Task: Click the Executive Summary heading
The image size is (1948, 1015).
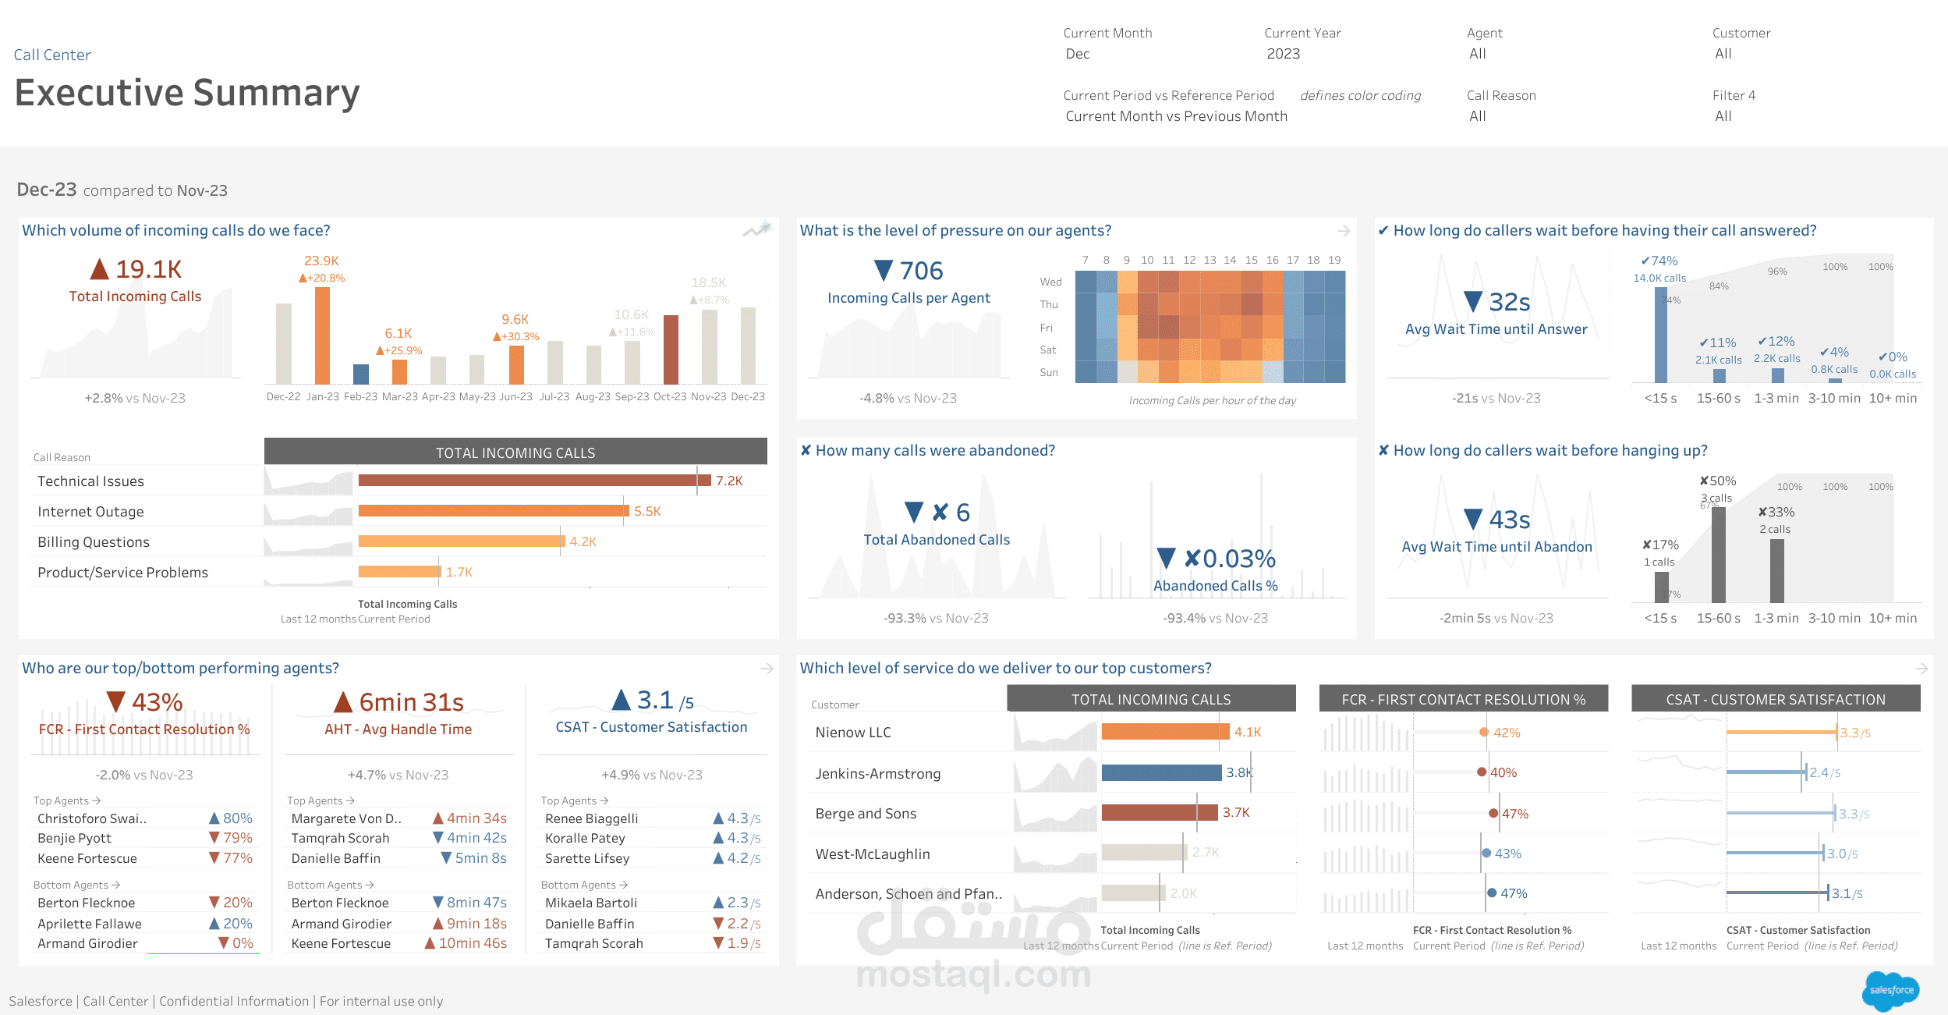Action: pyautogui.click(x=187, y=93)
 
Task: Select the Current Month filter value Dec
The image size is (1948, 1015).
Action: pyautogui.click(x=1078, y=54)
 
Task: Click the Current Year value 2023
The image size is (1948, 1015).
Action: pyautogui.click(x=1283, y=54)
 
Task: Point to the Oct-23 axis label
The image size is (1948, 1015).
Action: pyautogui.click(x=670, y=396)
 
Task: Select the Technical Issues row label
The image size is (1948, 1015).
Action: pyautogui.click(x=90, y=481)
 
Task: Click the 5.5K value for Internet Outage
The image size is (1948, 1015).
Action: pyautogui.click(x=647, y=511)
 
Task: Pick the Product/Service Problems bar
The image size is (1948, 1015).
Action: pyautogui.click(x=399, y=572)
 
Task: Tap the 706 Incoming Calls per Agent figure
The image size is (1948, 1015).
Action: pyautogui.click(x=921, y=271)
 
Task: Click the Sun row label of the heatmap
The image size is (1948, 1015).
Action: pyautogui.click(x=1049, y=373)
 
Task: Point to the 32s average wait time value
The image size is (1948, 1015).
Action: pyautogui.click(x=1509, y=302)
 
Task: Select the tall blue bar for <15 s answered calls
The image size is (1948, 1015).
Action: pyautogui.click(x=1661, y=335)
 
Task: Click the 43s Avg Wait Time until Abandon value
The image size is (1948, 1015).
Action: pyautogui.click(x=1509, y=520)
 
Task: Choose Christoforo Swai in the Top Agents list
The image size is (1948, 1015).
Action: pyautogui.click(x=92, y=818)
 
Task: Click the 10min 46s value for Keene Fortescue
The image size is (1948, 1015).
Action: pyautogui.click(x=473, y=943)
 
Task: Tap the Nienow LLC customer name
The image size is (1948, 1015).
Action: pyautogui.click(x=853, y=733)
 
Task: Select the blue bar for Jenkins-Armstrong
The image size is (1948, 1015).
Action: pyautogui.click(x=1161, y=772)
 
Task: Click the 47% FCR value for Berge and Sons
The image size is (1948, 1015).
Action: pyautogui.click(x=1514, y=814)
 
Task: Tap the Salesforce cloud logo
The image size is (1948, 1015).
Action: pyautogui.click(x=1890, y=991)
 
